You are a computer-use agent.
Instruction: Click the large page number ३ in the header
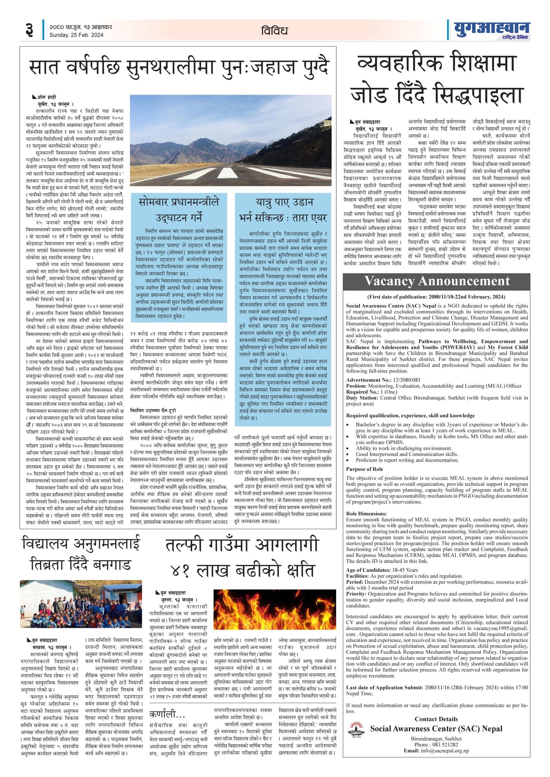pyautogui.click(x=29, y=30)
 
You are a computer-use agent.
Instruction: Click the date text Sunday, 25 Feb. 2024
pyautogui.click(x=76, y=35)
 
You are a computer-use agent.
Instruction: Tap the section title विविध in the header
pyautogui.click(x=274, y=31)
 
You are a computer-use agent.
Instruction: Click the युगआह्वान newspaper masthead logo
pyautogui.click(x=491, y=30)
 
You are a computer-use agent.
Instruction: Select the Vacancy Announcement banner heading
pyautogui.click(x=437, y=281)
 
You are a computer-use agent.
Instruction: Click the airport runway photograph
pyautogui.click(x=230, y=140)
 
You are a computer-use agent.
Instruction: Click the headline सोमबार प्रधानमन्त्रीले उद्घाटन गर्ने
pyautogui.click(x=179, y=209)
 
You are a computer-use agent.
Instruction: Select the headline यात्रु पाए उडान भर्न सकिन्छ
pyautogui.click(x=283, y=209)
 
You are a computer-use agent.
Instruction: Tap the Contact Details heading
pyautogui.click(x=436, y=719)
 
